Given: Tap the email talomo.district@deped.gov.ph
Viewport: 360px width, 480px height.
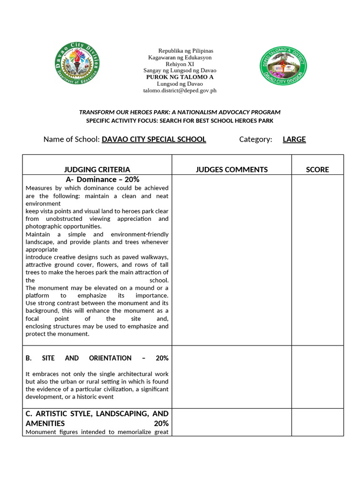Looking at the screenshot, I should (x=180, y=90).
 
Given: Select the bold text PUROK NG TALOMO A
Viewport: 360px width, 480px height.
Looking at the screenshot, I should (x=180, y=77).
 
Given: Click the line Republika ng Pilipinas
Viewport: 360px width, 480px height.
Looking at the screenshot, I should (x=186, y=51).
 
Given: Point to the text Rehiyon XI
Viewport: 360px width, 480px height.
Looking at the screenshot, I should (x=180, y=64).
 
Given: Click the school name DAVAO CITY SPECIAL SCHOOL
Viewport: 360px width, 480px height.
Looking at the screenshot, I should (x=154, y=139).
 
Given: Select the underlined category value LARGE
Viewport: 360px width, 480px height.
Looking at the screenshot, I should (x=294, y=139).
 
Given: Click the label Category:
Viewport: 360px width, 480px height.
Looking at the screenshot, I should (x=255, y=139).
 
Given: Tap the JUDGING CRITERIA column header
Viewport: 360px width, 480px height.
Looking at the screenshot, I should (x=97, y=170).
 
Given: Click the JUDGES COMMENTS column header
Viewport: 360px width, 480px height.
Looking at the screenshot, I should (x=232, y=170).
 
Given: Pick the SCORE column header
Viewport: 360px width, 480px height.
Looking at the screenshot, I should (x=317, y=170).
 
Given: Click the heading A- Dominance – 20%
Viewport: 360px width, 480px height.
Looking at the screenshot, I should (x=102, y=180).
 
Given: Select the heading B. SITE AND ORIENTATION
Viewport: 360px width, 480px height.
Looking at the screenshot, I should (x=97, y=358).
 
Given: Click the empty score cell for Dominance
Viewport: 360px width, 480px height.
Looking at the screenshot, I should (x=317, y=260).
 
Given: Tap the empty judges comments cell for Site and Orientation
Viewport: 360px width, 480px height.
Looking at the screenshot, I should (x=232, y=377).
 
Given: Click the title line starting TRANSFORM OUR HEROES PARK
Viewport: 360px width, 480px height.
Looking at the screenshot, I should (x=180, y=112).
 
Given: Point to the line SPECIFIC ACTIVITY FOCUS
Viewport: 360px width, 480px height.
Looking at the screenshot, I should (x=180, y=121).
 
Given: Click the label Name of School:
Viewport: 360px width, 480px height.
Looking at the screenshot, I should (x=72, y=139).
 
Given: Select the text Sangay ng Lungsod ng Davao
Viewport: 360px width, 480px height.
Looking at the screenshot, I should (x=180, y=70).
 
